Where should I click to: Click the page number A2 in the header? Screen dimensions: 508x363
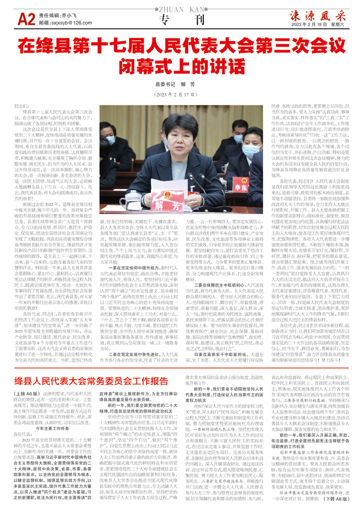(26, 19)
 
